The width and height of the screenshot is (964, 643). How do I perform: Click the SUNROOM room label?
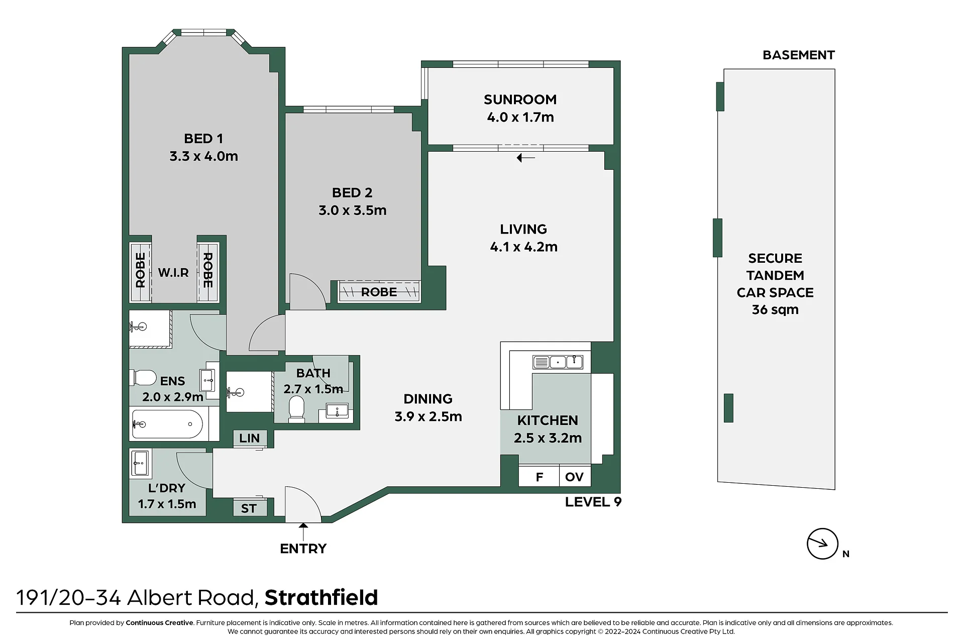pos(520,99)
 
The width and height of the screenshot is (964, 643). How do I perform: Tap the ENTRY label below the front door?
pos(303,549)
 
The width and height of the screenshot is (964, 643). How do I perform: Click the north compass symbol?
pos(822,544)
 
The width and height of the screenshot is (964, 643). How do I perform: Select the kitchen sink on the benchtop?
pos(558,362)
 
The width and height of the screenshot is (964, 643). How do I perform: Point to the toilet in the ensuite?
pos(143,378)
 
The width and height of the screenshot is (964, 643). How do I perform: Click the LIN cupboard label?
pos(249,438)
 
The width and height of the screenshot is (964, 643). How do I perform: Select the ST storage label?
pos(249,508)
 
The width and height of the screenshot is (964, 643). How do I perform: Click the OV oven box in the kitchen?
pos(575,476)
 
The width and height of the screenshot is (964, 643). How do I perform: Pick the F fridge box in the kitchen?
pos(539,476)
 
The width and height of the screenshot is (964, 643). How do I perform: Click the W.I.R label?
pos(173,273)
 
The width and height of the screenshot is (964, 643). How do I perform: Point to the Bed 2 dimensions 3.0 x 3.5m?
pos(352,210)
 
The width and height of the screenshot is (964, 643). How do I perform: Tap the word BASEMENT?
pos(799,55)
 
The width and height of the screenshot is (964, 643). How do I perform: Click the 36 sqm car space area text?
pos(775,309)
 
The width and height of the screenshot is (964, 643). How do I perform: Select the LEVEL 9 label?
pos(593,502)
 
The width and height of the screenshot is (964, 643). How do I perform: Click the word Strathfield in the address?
pos(322,597)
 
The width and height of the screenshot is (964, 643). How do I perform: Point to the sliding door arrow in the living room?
pos(526,158)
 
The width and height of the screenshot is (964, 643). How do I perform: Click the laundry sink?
pos(140,463)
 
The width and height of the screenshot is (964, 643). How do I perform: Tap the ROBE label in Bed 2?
pos(379,292)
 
